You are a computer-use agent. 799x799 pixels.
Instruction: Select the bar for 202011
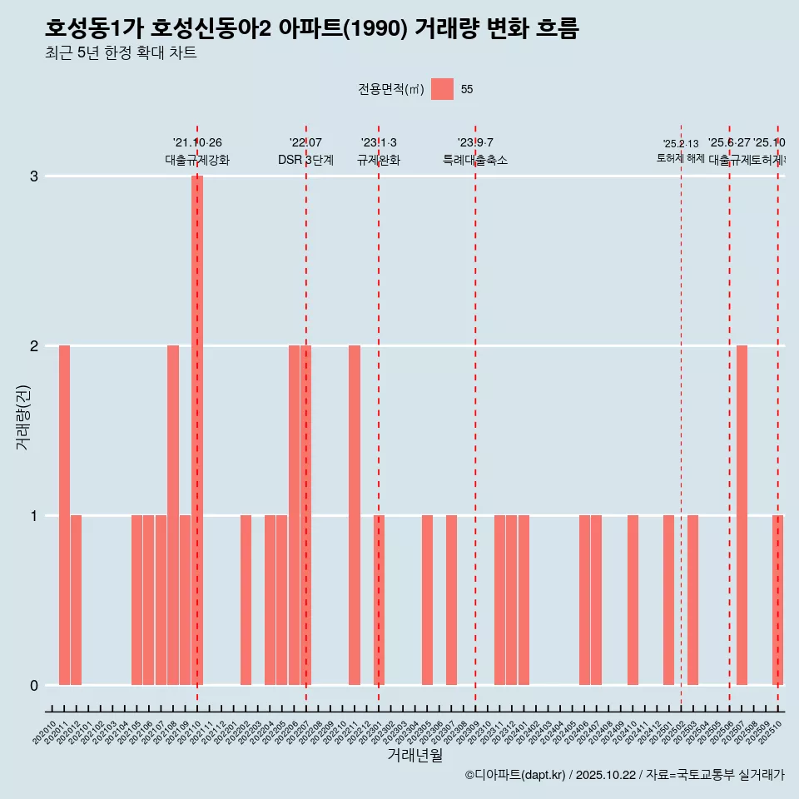(x=64, y=515)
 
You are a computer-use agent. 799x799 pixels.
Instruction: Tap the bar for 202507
(x=742, y=515)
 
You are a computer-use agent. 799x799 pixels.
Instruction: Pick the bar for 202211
(x=355, y=515)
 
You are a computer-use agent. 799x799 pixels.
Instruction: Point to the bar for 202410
(x=633, y=600)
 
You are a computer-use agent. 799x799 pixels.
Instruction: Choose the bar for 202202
(x=246, y=600)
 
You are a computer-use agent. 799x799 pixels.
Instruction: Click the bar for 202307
(x=451, y=600)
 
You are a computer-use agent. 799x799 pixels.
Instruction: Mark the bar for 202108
(x=173, y=515)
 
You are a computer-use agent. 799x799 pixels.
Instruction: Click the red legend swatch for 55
(x=443, y=89)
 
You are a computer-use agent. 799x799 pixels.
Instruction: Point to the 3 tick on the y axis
(x=34, y=176)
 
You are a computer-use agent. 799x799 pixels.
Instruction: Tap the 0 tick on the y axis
(x=34, y=685)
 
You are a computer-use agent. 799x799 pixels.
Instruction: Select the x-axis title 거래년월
(x=414, y=755)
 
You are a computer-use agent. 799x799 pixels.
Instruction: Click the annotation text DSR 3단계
(x=305, y=161)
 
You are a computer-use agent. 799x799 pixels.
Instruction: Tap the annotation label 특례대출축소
(x=475, y=161)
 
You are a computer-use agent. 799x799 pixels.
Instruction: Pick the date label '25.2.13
(x=681, y=144)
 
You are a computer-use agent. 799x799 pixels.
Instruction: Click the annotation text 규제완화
(x=379, y=161)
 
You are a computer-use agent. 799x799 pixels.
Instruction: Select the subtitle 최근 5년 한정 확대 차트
(x=121, y=53)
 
